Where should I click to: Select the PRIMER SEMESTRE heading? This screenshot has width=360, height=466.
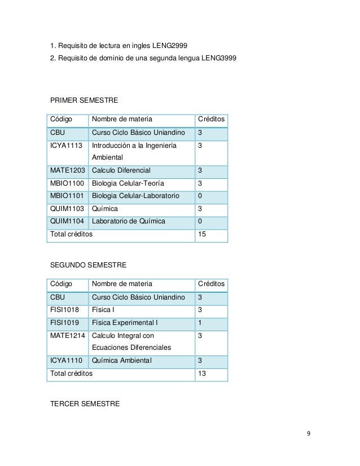84,100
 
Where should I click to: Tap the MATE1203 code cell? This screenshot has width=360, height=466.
68,171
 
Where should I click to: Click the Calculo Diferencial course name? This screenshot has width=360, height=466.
121,171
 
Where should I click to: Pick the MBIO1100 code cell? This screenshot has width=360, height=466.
67,183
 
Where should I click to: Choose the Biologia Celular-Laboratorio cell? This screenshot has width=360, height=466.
135,196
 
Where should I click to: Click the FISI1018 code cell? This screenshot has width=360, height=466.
64,310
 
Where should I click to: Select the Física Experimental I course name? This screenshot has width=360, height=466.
125,323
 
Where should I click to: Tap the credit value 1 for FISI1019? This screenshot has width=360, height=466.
199,323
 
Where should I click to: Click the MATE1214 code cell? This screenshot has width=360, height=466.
68,336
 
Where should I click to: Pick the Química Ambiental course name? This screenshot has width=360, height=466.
122,361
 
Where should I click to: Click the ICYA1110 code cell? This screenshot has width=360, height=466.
66,361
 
